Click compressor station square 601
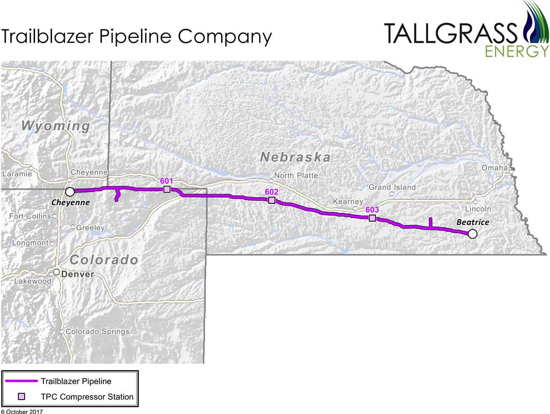(167, 189)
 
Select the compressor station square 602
(272, 200)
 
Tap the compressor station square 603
(372, 218)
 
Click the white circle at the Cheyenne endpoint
(70, 191)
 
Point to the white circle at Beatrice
(472, 234)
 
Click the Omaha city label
(495, 168)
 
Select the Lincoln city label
(478, 209)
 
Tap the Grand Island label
(392, 187)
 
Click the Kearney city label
(348, 201)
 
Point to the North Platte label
(296, 175)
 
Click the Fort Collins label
(30, 216)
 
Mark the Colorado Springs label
(97, 331)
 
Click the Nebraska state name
(295, 157)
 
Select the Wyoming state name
(56, 126)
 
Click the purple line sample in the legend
(21, 382)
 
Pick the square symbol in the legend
(21, 397)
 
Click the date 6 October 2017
(22, 411)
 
